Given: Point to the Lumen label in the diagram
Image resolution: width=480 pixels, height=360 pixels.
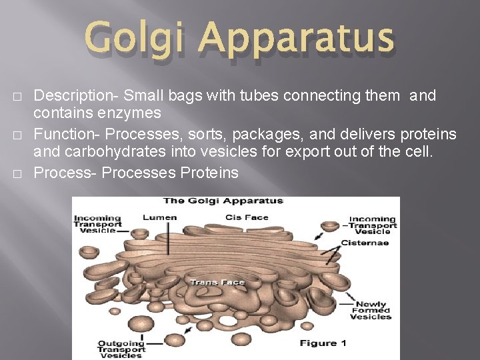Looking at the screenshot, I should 160,217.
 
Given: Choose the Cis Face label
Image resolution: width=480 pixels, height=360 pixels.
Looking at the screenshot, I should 247,217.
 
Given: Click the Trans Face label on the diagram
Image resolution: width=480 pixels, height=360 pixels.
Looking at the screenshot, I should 217,282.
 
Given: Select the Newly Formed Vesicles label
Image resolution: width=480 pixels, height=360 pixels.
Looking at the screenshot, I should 373,311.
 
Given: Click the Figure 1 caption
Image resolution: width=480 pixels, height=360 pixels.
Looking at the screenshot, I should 323,343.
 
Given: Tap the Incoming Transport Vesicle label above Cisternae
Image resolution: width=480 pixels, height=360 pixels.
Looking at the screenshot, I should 373,225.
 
